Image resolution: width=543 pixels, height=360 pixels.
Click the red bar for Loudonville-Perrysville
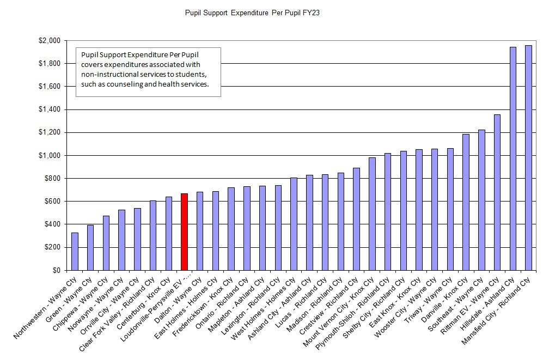tap(184, 232)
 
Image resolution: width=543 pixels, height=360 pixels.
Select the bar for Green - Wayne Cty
tap(90, 248)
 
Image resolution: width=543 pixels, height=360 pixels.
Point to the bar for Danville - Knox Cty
tap(466, 202)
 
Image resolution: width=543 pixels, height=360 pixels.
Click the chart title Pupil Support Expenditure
tap(252, 12)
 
